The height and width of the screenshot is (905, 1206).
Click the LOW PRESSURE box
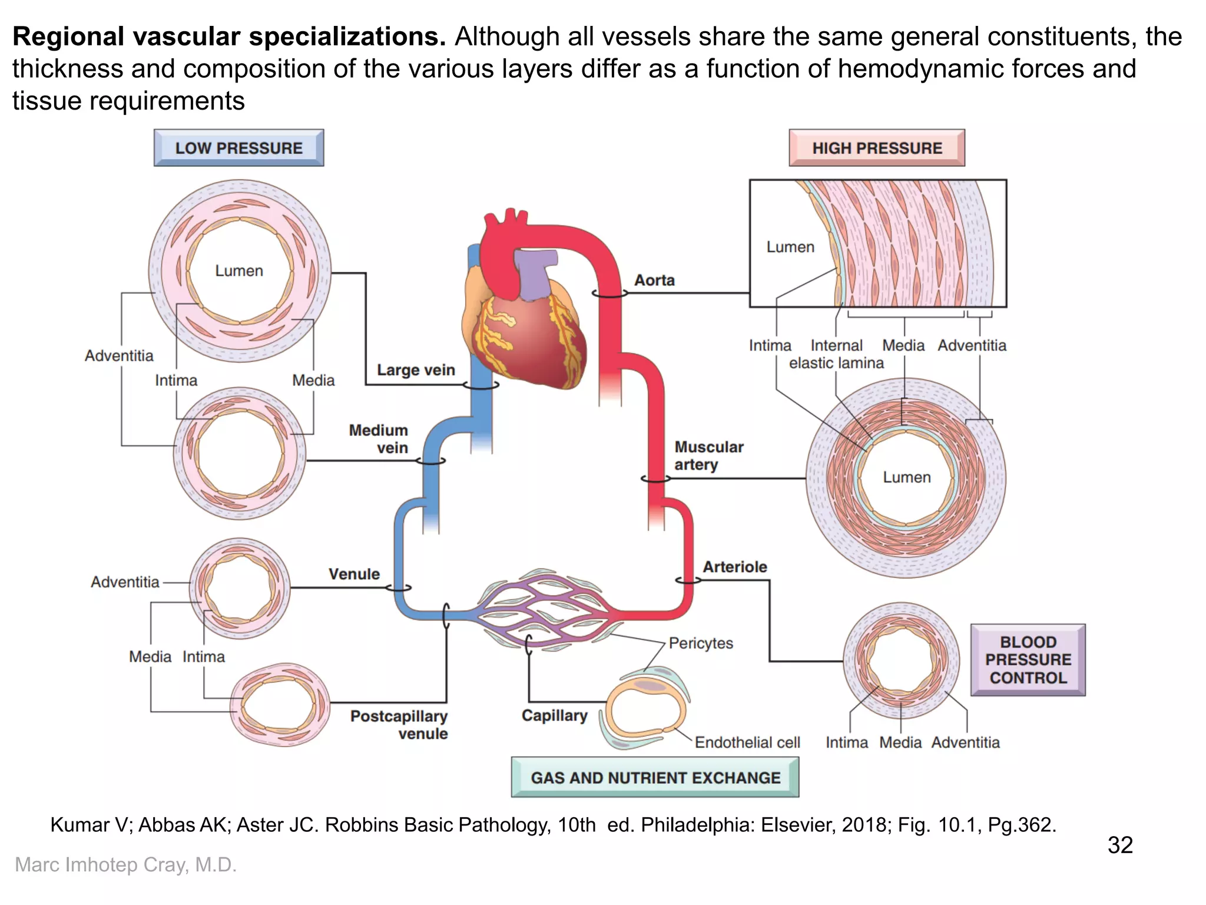pos(238,148)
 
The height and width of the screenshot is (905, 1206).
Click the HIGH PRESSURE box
pos(877,148)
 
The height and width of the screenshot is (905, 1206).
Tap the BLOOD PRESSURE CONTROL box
pos(1028,660)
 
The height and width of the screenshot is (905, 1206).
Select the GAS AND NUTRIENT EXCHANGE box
pos(655,778)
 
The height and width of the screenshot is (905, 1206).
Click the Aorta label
pos(654,280)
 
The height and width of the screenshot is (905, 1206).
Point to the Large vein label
pos(416,370)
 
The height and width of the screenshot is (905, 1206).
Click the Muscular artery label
pos(708,455)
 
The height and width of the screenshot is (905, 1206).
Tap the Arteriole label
pos(734,567)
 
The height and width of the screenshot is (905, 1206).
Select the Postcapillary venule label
pos(399,725)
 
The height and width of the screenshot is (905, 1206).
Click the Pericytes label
pos(701,643)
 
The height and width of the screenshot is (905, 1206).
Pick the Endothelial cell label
pos(747,742)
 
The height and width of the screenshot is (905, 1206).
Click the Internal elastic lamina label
pos(836,354)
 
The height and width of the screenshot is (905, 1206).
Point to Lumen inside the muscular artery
pos(906,477)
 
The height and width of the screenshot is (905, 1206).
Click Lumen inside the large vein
pos(238,271)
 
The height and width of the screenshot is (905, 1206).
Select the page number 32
pos(1119,845)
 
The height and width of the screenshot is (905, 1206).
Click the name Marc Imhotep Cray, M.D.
pos(125,864)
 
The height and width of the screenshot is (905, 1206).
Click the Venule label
pos(354,574)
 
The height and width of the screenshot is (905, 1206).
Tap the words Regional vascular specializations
pos(229,37)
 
